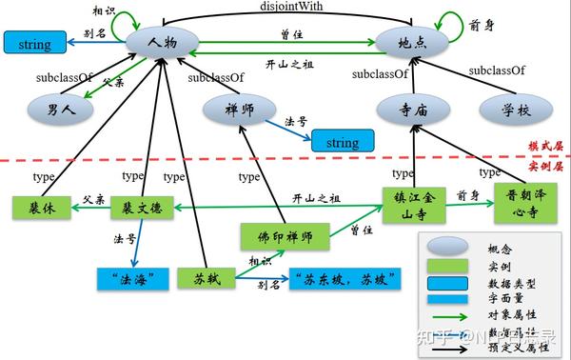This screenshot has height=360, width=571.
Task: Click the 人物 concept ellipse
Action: pos(161,42)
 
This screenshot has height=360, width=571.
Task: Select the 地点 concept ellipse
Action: pos(410,42)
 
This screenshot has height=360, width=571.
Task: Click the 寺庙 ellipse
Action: pos(414,110)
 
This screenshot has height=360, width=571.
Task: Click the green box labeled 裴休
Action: pos(41,207)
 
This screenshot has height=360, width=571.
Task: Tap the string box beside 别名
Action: pos(35,43)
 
